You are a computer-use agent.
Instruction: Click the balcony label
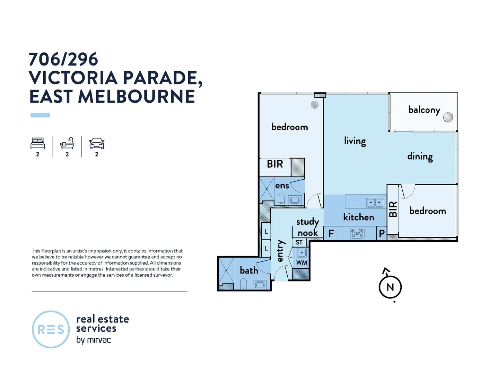tap(424, 110)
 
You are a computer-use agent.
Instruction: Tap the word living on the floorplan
tap(355, 141)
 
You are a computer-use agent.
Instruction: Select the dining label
tap(420, 157)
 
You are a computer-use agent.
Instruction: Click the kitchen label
tap(358, 217)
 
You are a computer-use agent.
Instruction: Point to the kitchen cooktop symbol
tap(357, 233)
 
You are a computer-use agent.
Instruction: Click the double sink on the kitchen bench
tap(375, 202)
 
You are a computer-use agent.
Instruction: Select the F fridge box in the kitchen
tap(331, 234)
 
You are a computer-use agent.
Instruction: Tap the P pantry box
tap(382, 234)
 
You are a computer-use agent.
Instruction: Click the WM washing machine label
tap(302, 262)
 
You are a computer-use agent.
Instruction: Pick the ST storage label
tap(299, 242)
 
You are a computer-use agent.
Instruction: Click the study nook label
tap(307, 227)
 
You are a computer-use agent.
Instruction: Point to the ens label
tap(282, 186)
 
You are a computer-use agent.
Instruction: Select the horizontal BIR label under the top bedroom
tap(275, 164)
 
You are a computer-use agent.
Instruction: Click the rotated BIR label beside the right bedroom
tap(393, 209)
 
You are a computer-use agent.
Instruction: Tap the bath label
tap(249, 270)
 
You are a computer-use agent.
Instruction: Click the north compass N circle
tap(390, 287)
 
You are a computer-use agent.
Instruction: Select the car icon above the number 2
tap(97, 143)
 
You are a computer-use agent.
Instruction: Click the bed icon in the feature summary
tap(37, 143)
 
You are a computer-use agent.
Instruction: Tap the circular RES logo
tap(51, 329)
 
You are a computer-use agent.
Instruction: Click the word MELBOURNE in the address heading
tap(137, 97)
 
